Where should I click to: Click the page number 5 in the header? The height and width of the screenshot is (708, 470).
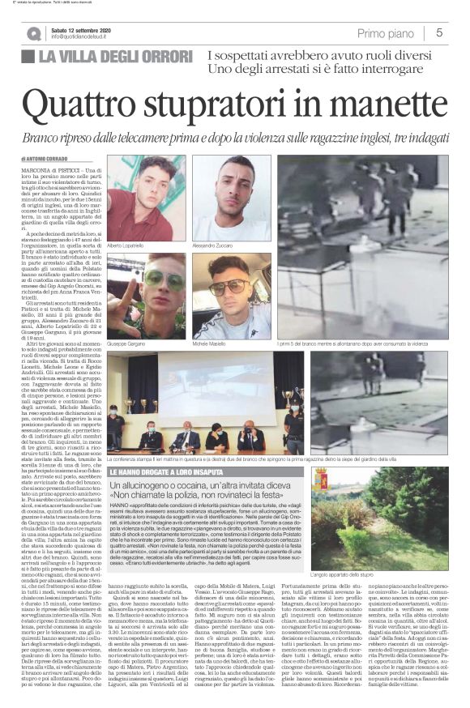tap(438, 32)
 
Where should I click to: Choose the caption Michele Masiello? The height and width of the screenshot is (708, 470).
tap(213, 343)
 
